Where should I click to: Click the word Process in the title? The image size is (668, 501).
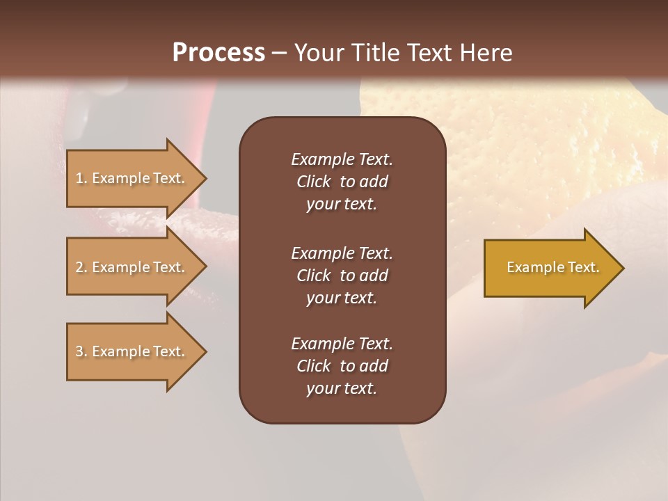[x=218, y=53]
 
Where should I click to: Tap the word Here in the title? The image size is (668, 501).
[x=485, y=53]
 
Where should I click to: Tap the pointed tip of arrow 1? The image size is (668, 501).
[x=205, y=178]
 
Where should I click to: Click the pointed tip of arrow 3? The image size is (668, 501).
[x=205, y=351]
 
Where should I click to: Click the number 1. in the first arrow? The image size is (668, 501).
[x=81, y=178]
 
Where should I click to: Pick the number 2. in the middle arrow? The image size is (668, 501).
[x=81, y=267]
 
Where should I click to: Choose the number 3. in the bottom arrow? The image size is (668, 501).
[x=81, y=351]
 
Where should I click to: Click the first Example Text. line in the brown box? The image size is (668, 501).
[x=342, y=159]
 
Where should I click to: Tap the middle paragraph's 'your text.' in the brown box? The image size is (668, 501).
[x=342, y=298]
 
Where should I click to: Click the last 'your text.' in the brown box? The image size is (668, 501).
[x=342, y=388]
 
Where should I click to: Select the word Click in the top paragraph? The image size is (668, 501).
[x=313, y=182]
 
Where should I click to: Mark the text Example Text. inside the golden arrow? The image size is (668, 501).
[x=552, y=267]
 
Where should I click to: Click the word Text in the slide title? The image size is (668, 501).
[x=427, y=53]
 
